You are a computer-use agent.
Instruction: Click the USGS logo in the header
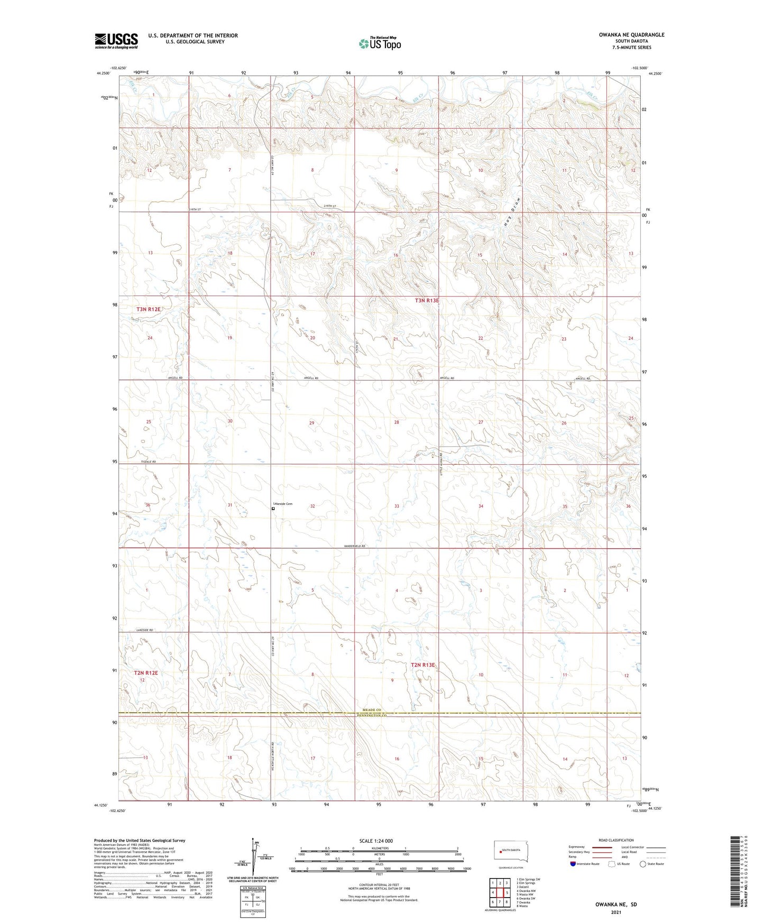[116, 41]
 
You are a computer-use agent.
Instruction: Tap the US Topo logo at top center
[379, 43]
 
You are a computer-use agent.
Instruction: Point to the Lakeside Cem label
[282, 504]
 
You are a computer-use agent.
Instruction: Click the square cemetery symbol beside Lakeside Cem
[273, 509]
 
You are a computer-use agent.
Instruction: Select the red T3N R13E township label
[426, 301]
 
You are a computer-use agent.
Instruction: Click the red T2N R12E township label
[146, 673]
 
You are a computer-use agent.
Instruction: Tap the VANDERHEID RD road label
[355, 546]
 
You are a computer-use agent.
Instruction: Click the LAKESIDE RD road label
[144, 630]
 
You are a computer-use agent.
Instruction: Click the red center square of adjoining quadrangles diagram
[500, 893]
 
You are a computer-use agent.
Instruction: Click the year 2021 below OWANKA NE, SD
[615, 912]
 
